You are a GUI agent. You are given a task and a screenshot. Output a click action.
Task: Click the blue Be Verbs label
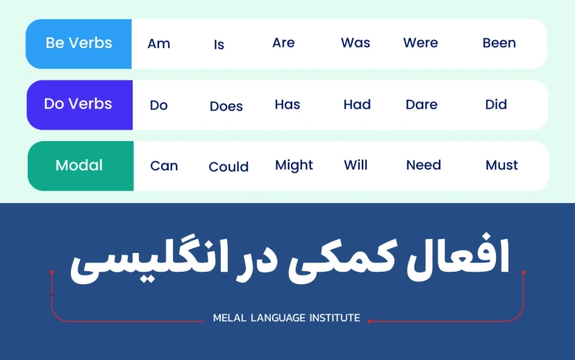pyautogui.click(x=78, y=43)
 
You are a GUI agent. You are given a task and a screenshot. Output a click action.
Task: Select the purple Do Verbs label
pyautogui.click(x=78, y=104)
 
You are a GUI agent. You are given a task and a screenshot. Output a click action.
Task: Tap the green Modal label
pyautogui.click(x=79, y=165)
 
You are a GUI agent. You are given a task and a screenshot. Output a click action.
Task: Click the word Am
pyautogui.click(x=158, y=43)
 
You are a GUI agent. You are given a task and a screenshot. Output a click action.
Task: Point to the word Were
pyautogui.click(x=420, y=43)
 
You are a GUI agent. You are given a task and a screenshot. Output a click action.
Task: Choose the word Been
pyautogui.click(x=499, y=43)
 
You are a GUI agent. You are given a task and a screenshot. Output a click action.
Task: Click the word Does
pyautogui.click(x=226, y=106)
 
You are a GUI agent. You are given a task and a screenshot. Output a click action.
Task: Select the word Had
pyautogui.click(x=357, y=105)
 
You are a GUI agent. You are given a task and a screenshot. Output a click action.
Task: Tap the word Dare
pyautogui.click(x=422, y=105)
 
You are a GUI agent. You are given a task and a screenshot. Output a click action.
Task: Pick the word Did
pyautogui.click(x=496, y=105)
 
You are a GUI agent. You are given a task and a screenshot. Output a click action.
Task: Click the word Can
pyautogui.click(x=164, y=166)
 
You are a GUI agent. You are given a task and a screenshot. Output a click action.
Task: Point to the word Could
pyautogui.click(x=228, y=167)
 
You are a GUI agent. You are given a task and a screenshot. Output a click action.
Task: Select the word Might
pyautogui.click(x=294, y=165)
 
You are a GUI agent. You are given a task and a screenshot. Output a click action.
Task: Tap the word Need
pyautogui.click(x=424, y=165)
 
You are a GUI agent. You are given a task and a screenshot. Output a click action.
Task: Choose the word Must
pyautogui.click(x=501, y=165)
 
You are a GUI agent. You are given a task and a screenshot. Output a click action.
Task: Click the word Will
pyautogui.click(x=356, y=165)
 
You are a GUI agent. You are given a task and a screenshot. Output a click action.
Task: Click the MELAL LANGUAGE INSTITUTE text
pyautogui.click(x=286, y=318)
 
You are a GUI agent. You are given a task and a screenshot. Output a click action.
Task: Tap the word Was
pyautogui.click(x=356, y=43)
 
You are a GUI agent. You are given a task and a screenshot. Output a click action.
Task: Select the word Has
pyautogui.click(x=287, y=105)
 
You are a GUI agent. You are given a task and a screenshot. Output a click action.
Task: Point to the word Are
pyautogui.click(x=283, y=43)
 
